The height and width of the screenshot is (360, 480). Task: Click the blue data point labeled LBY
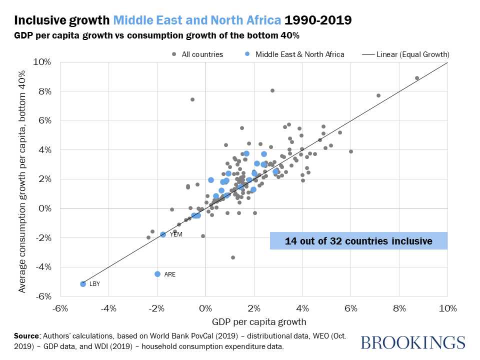click(x=83, y=284)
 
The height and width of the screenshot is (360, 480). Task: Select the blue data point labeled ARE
click(x=157, y=274)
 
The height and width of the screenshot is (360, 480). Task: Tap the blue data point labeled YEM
click(x=163, y=234)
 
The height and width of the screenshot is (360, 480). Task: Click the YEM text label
click(x=175, y=234)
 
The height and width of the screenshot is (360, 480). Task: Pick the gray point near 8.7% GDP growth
click(x=417, y=78)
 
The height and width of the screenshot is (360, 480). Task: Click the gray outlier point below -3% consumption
click(x=232, y=257)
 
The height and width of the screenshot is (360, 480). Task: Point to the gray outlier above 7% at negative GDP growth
click(x=192, y=99)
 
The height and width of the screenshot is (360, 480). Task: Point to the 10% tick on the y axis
click(x=43, y=62)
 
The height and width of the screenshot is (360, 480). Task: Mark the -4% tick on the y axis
click(x=43, y=267)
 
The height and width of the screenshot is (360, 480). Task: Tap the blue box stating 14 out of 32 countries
click(x=358, y=241)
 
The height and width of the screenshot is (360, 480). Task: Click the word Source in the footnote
click(x=27, y=335)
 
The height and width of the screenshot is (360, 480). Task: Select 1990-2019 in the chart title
click(x=318, y=21)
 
